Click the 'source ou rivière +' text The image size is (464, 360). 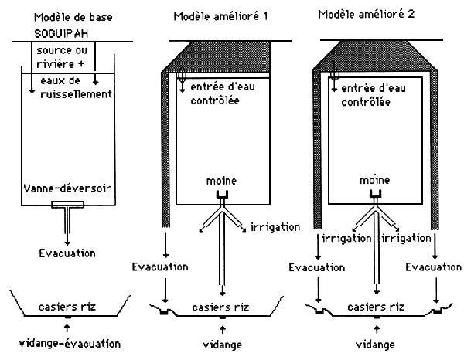click(x=63, y=56)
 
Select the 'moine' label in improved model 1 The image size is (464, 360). click(x=223, y=180)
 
